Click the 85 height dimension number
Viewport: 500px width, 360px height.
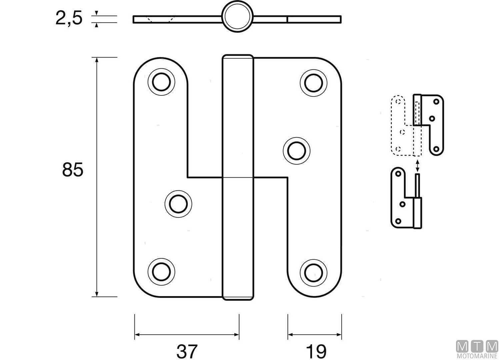[72, 170]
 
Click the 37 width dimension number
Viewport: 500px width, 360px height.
[187, 351]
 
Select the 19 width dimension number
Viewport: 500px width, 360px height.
[316, 351]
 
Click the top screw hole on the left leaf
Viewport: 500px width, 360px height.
[161, 82]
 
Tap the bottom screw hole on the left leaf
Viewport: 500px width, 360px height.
[161, 272]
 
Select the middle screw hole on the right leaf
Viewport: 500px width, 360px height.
[296, 151]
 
